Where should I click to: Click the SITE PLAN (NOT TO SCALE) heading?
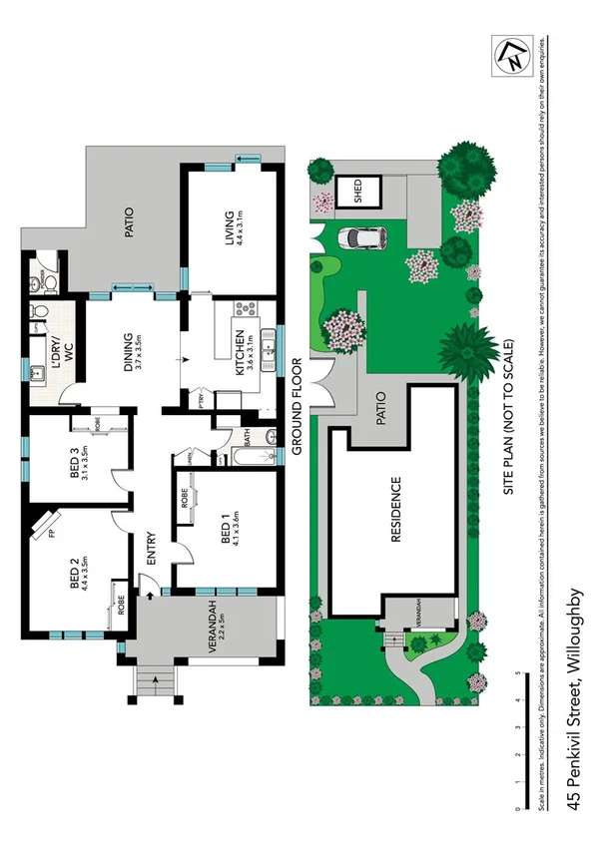[x=507, y=418]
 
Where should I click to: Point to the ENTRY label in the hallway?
[x=152, y=550]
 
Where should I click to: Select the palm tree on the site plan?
[x=466, y=350]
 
